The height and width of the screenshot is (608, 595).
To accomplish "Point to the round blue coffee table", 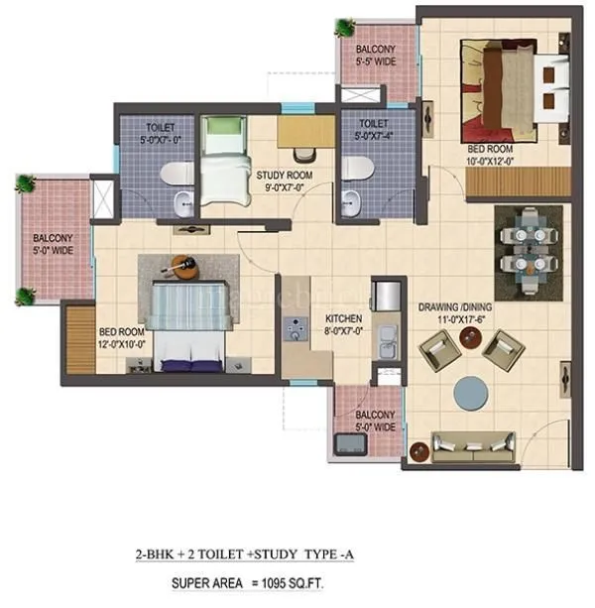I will [472, 392].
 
